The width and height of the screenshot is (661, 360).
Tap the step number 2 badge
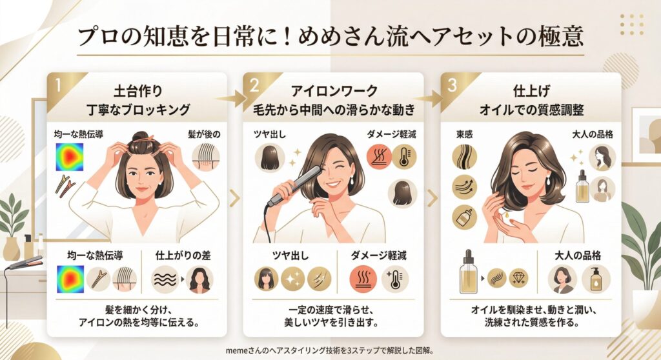[254, 85]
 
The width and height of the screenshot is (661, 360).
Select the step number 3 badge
[451, 85]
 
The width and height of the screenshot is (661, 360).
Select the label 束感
[463, 135]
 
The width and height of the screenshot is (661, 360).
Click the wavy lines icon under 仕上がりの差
[161, 280]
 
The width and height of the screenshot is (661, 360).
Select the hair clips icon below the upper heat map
[66, 186]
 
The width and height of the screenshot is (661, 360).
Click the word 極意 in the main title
[560, 36]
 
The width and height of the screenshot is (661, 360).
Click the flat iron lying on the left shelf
[25, 263]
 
